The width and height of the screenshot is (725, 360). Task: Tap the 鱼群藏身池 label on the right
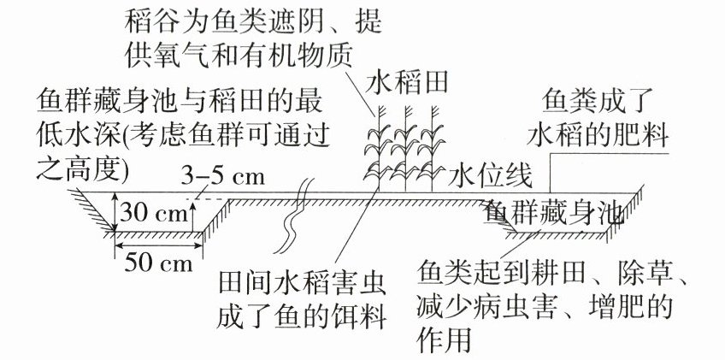point(552,214)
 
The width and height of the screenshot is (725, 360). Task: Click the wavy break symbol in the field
point(292,218)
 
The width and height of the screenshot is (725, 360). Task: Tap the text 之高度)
point(83,168)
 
